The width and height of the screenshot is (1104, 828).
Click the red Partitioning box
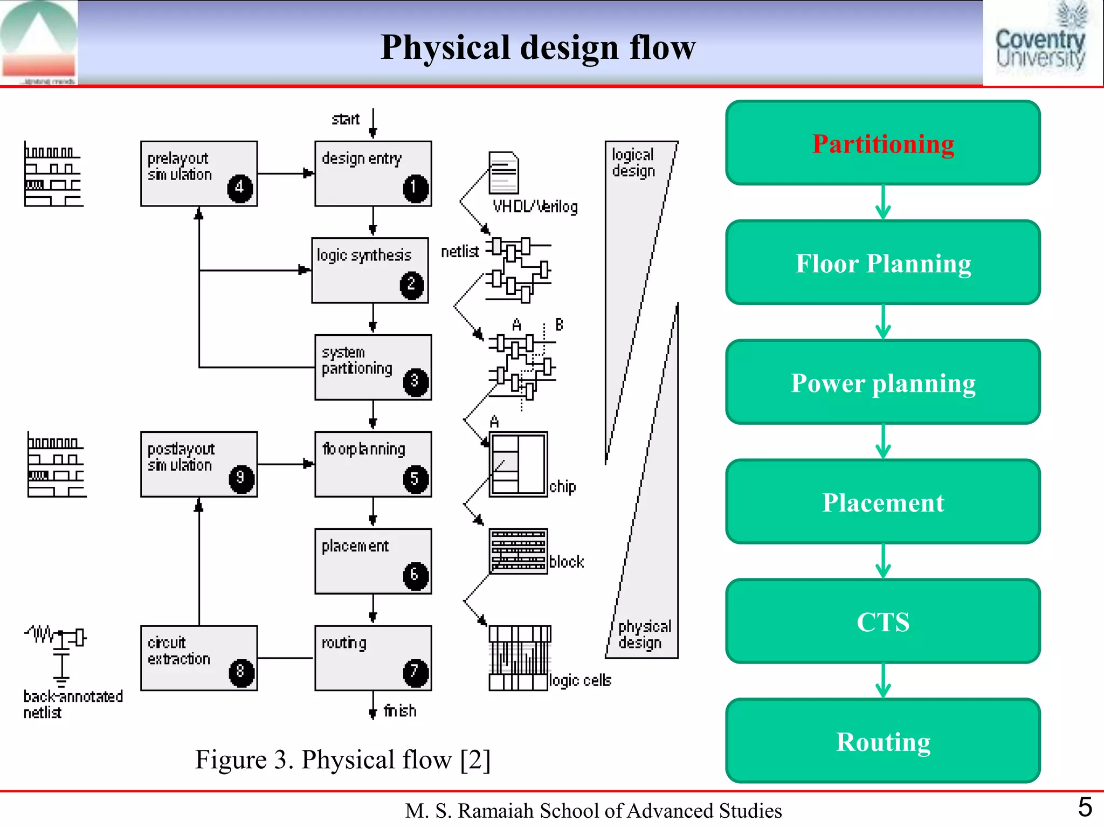coord(882,143)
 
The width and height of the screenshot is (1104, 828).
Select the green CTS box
coord(882,622)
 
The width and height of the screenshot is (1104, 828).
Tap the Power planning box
coord(882,383)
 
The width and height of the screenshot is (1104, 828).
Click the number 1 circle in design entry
coord(416,188)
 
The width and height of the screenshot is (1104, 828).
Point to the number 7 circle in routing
coord(416,672)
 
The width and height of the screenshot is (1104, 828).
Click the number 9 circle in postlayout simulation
coord(241,479)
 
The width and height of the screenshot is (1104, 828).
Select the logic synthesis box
coord(370,270)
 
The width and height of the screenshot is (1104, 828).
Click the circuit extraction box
coord(198,658)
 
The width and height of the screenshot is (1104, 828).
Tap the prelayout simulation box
coord(198,174)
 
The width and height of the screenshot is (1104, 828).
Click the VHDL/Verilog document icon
coord(503,172)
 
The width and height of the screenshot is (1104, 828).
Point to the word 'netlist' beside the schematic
coord(460,252)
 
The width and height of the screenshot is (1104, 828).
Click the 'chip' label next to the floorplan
coord(562,487)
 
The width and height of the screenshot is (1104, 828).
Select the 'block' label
coord(566,562)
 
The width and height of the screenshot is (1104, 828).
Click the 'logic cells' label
coord(580,680)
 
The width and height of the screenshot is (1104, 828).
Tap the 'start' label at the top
coord(345,119)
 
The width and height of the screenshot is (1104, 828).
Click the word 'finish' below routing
coord(400,711)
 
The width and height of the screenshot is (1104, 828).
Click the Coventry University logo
coord(1040,43)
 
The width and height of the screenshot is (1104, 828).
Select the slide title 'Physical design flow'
coord(537,47)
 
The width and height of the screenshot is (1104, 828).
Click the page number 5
coord(1085,808)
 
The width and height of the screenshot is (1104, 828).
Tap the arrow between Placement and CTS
coord(882,561)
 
